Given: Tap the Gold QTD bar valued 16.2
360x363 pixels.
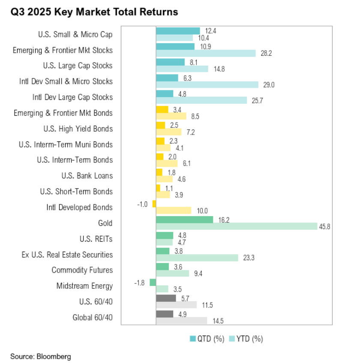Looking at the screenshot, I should [x=184, y=219].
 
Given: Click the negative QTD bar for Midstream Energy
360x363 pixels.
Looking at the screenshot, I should [x=153, y=282].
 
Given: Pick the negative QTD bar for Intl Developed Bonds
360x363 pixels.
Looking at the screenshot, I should [x=154, y=204].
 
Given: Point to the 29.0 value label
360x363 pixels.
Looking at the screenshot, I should [x=269, y=85].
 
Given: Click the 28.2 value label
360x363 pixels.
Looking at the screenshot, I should [x=267, y=54].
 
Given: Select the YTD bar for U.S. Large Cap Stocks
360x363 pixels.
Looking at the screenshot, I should [x=182, y=69].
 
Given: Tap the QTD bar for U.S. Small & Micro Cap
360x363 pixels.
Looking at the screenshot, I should [x=178, y=31].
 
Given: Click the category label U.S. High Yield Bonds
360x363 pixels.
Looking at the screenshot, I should [x=78, y=129].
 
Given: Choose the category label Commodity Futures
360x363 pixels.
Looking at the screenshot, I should [x=82, y=270].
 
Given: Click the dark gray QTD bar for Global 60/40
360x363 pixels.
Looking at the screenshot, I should [x=165, y=314].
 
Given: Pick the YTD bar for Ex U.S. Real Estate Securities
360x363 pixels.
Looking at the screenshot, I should [x=197, y=258].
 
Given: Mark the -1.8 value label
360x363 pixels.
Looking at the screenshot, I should [x=141, y=282].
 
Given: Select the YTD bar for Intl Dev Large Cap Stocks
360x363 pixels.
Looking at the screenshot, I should [x=201, y=100].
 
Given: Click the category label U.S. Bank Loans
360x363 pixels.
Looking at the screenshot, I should [x=87, y=176].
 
